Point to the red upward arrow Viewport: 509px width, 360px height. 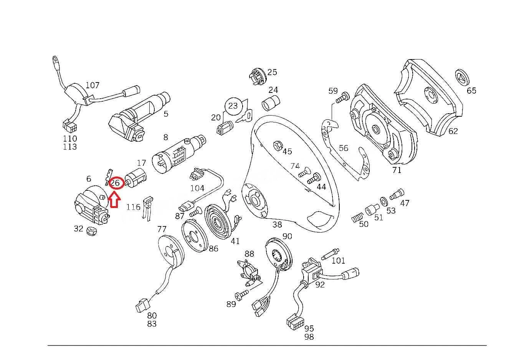tap(114, 200)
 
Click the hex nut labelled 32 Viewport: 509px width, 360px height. tap(92, 231)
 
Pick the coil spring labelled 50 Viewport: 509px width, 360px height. tap(358, 218)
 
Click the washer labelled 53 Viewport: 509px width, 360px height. tap(384, 201)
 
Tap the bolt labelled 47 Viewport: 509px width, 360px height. tap(397, 195)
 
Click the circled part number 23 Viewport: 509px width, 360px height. tap(233, 106)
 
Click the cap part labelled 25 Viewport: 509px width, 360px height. tap(258, 76)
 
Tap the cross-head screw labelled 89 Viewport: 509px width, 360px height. tap(243, 295)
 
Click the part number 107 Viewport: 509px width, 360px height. tap(93, 86)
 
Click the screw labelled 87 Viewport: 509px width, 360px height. tap(195, 211)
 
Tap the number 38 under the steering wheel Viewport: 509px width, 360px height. tap(277, 225)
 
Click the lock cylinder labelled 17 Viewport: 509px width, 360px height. tap(136, 178)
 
